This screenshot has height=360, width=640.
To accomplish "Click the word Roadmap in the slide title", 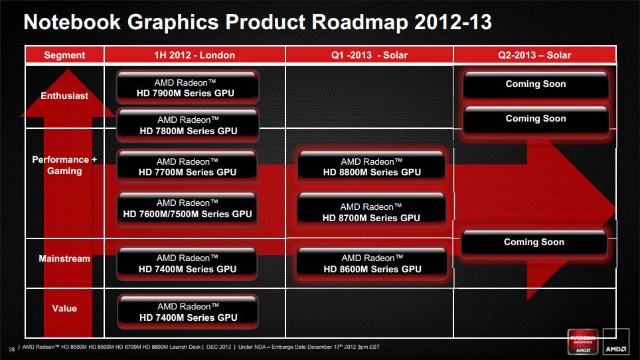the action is [360, 23].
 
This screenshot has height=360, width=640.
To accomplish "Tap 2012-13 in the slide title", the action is [453, 22].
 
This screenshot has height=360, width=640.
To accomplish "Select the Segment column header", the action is [64, 55].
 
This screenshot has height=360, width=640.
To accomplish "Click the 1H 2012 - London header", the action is [195, 55].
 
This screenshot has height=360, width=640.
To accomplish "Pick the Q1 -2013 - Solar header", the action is [369, 55].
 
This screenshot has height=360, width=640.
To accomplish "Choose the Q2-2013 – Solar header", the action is [534, 55].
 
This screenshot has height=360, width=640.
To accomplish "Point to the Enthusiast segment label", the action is [64, 96].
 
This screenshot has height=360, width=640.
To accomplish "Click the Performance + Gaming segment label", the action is [64, 165].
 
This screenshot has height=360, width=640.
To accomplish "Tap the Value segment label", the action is [64, 309].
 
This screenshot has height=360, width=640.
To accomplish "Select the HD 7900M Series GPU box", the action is [187, 88].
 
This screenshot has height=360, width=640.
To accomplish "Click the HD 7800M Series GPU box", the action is [187, 125].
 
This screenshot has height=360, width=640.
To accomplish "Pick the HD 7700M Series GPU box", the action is [187, 167].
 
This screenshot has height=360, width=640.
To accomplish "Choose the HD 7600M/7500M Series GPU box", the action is [187, 208].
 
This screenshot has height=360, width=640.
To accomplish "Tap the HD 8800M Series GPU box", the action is [371, 167].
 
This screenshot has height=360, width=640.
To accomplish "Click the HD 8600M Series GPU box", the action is [372, 263].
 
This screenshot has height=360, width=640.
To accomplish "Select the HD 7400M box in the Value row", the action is [188, 312].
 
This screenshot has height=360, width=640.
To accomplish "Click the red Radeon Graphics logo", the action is [583, 341].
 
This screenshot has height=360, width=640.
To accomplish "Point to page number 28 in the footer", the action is [12, 349].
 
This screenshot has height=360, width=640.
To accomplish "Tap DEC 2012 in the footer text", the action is [218, 347].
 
